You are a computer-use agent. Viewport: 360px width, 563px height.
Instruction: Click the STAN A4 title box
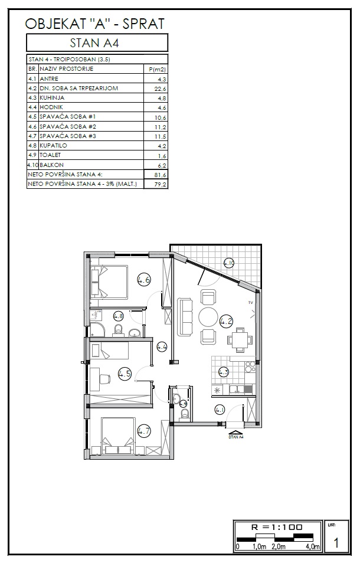tap(97, 42)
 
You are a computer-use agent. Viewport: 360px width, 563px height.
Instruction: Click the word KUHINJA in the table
tap(52, 97)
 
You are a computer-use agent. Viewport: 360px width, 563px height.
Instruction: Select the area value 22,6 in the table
tap(161, 89)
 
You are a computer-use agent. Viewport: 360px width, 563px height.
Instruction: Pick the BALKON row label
tap(52, 165)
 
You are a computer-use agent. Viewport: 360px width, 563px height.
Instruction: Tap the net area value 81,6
tap(161, 175)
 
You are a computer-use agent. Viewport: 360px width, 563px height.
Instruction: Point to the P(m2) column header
tap(158, 69)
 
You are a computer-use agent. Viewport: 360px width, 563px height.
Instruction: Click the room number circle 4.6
tap(143, 279)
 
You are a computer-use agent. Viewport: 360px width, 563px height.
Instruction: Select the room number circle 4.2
tap(226, 321)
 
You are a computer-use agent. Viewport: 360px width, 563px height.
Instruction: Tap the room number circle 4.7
tap(144, 430)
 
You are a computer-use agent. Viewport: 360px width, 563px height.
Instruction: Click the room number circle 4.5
tap(125, 374)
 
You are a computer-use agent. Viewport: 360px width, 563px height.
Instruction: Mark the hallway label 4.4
tap(162, 347)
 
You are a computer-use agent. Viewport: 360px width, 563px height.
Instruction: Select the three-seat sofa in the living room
tap(185, 317)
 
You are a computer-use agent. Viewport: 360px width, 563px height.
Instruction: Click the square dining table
tap(240, 339)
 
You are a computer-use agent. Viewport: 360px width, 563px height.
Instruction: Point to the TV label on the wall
tap(251, 303)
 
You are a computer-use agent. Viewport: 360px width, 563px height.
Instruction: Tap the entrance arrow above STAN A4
tap(235, 433)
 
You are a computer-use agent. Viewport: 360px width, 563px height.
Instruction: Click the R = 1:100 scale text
tap(276, 527)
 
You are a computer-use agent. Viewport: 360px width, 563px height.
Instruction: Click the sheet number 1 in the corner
tap(336, 542)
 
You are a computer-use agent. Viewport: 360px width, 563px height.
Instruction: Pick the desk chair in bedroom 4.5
tap(104, 379)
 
